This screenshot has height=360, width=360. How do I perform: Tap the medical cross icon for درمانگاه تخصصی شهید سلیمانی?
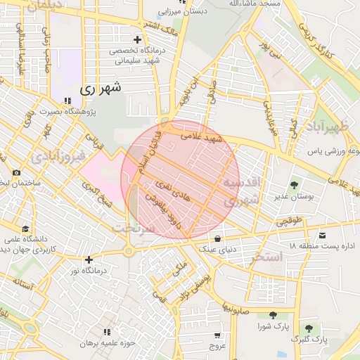pyautogui.click(x=137, y=39)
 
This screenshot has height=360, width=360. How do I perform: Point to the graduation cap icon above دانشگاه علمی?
pyautogui.click(x=26, y=229)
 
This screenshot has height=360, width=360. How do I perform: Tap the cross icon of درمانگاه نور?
pyautogui.click(x=89, y=260)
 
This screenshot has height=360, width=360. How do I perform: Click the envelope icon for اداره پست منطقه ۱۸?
pyautogui.click(x=323, y=234)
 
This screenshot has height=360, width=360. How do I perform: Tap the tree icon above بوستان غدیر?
pyautogui.click(x=294, y=185)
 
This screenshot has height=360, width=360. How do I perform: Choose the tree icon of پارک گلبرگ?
pyautogui.click(x=308, y=328)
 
